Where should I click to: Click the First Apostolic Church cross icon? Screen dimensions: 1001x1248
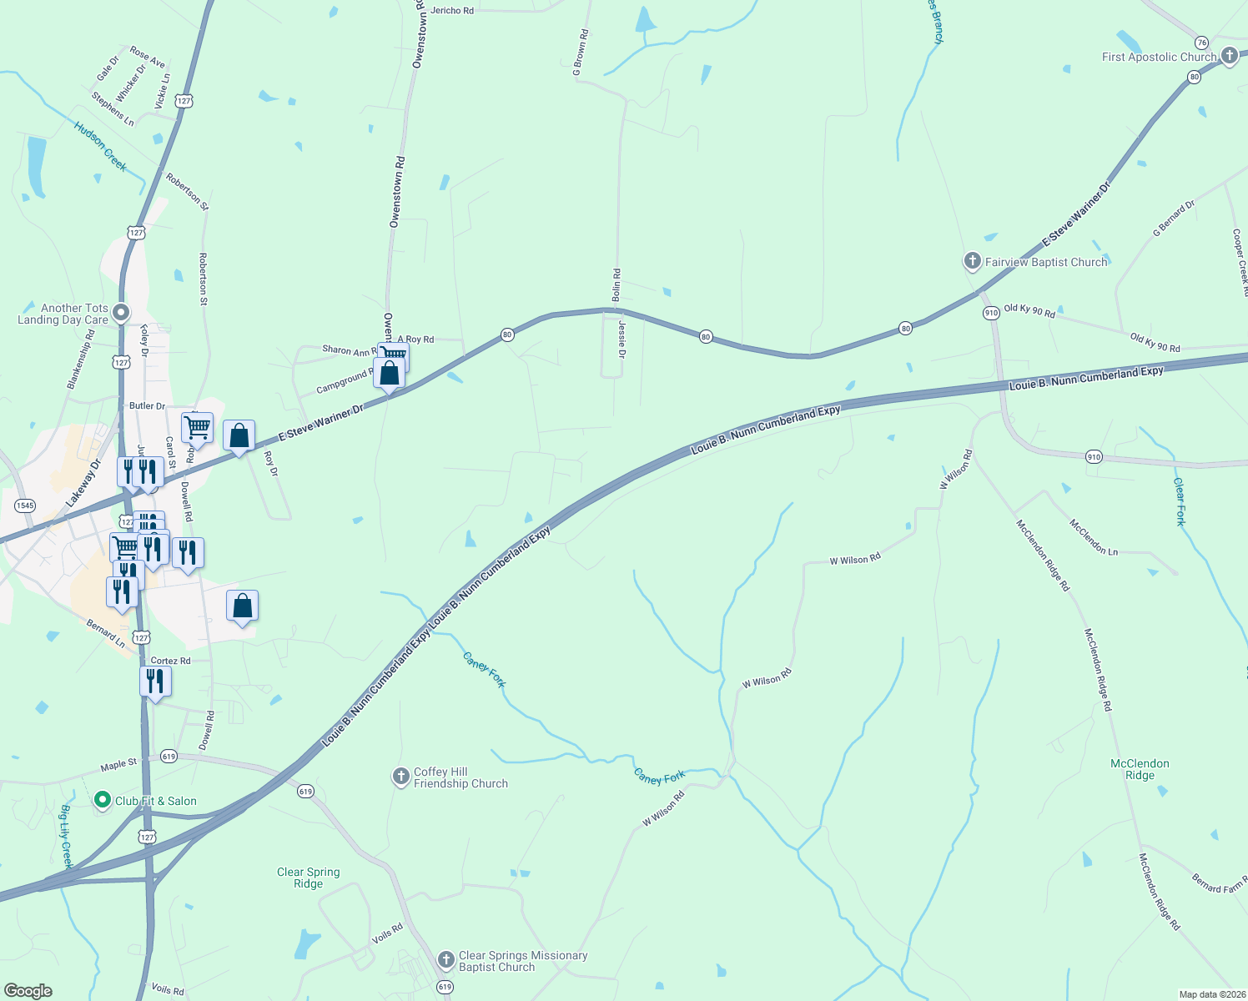click(1229, 57)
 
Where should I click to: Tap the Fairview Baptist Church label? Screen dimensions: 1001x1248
click(1046, 262)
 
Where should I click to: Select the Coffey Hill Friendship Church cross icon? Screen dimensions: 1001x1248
click(401, 777)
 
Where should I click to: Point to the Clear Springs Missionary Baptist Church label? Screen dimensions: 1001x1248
click(522, 961)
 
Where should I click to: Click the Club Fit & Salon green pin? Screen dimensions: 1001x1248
click(103, 801)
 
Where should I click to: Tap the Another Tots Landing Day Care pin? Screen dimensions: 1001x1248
click(121, 313)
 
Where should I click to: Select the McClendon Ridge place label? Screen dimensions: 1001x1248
click(1140, 769)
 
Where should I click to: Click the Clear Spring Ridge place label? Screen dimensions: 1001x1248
click(309, 878)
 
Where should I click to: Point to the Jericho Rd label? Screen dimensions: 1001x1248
click(452, 11)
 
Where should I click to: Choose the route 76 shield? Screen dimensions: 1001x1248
click(1201, 43)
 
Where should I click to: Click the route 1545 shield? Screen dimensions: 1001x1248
click(25, 506)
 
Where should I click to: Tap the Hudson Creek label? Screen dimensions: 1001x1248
click(100, 147)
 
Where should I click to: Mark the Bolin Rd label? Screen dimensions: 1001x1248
click(616, 285)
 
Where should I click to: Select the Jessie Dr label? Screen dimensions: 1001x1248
click(622, 340)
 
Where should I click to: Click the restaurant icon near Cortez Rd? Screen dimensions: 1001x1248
click(155, 682)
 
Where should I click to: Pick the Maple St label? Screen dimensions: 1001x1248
click(118, 764)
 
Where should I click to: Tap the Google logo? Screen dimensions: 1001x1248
click(28, 991)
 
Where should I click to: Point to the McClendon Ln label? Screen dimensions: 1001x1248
click(1094, 538)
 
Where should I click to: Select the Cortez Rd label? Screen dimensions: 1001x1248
click(170, 661)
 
